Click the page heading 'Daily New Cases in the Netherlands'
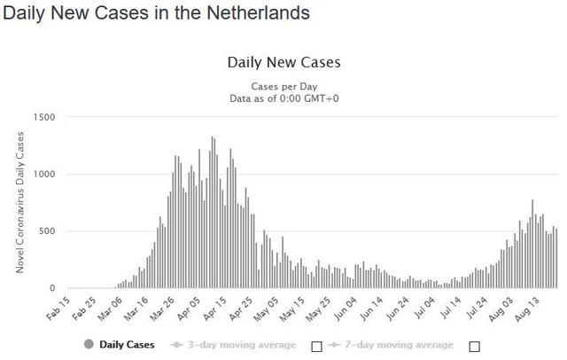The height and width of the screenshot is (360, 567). [156, 14]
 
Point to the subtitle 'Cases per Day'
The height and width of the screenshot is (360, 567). [283, 86]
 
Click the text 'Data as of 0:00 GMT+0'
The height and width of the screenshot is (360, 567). [283, 98]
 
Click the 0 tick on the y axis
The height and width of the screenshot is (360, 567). [52, 288]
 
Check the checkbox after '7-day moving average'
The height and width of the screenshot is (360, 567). [474, 345]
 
